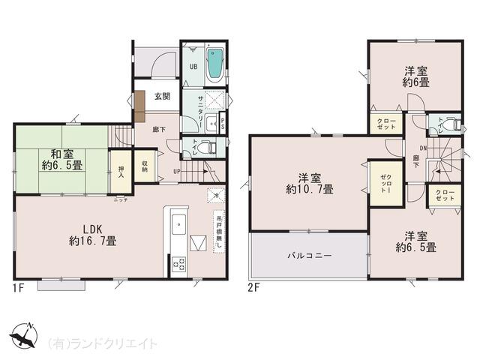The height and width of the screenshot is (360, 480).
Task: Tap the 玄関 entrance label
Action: click(163, 97)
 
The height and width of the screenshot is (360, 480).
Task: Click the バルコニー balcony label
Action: click(309, 256)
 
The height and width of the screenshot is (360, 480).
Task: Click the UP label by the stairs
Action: click(176, 171)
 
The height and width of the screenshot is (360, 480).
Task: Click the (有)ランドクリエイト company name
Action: click(103, 343)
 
